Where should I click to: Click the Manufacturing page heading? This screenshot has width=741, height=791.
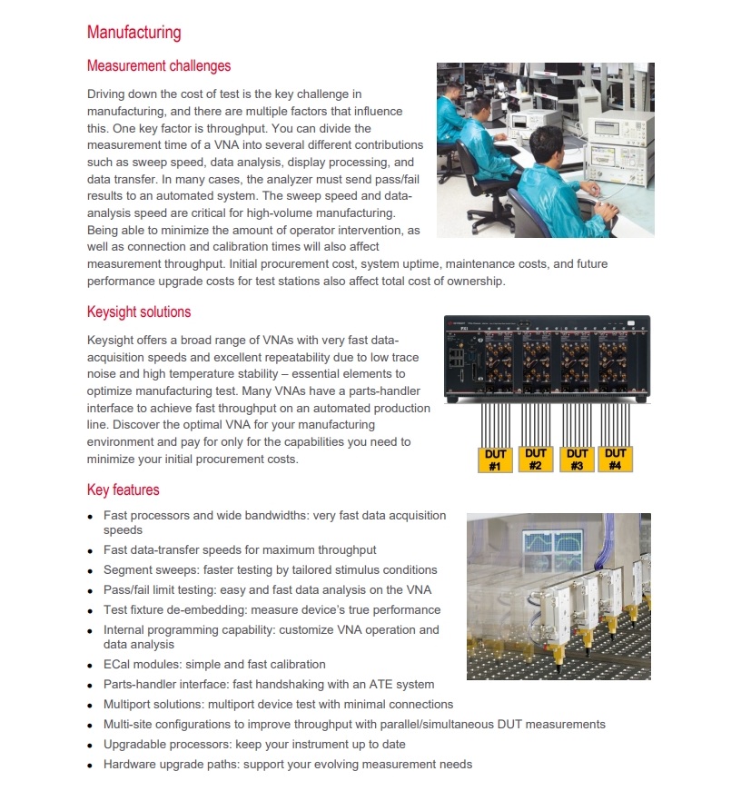(133, 33)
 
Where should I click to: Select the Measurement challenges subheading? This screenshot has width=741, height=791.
(158, 66)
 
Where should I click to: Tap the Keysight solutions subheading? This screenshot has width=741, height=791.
(138, 312)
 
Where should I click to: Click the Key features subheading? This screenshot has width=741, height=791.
(123, 490)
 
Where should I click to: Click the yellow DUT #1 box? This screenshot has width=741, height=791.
(495, 460)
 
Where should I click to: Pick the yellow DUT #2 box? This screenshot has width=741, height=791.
(536, 460)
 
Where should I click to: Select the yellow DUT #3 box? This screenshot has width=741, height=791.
(577, 460)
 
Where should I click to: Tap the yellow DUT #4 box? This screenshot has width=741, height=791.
(616, 460)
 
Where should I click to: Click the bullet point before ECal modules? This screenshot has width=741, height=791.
(90, 666)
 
